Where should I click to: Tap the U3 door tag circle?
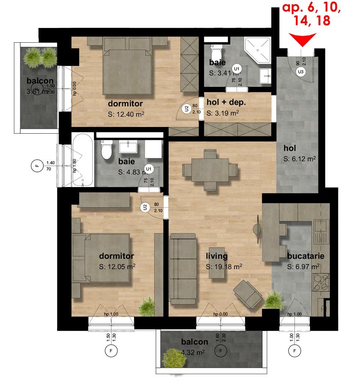pyautogui.click(x=301, y=71)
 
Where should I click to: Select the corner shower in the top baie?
pyautogui.click(x=260, y=49)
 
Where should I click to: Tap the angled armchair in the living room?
pyautogui.click(x=248, y=293)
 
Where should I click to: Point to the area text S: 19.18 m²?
pyautogui.click(x=224, y=267)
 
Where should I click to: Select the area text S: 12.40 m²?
pyautogui.click(x=126, y=115)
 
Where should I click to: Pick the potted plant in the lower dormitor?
pyautogui.click(x=147, y=306)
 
